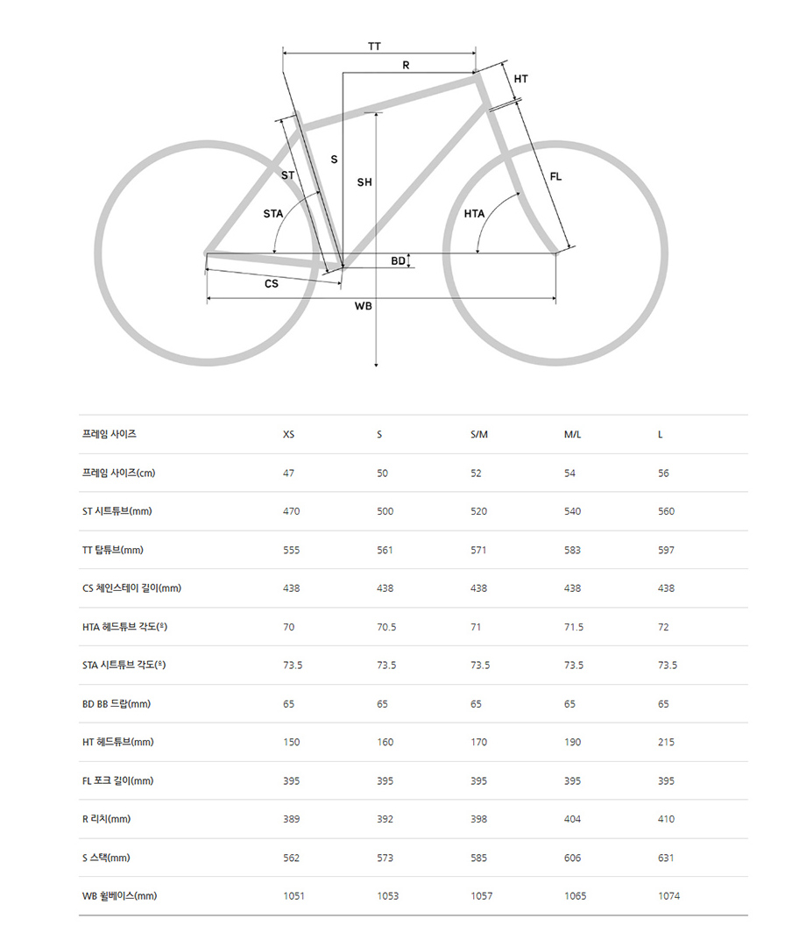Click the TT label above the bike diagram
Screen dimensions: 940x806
374,46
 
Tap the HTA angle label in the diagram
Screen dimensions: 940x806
474,213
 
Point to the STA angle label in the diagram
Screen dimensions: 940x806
273,213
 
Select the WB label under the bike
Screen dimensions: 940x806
363,306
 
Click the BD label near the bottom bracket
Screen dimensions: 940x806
398,260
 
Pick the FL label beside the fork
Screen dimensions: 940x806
555,177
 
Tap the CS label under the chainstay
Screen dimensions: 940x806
272,284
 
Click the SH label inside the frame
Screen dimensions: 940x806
364,182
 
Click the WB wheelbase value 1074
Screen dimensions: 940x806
668,896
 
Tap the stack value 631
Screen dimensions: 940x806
666,858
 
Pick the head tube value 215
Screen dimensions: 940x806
666,742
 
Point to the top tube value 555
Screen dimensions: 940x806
291,550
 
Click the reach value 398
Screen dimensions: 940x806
478,819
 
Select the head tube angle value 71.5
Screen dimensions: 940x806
574,627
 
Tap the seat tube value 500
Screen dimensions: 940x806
385,511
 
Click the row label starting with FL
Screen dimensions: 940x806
118,780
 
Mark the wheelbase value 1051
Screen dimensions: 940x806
293,896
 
